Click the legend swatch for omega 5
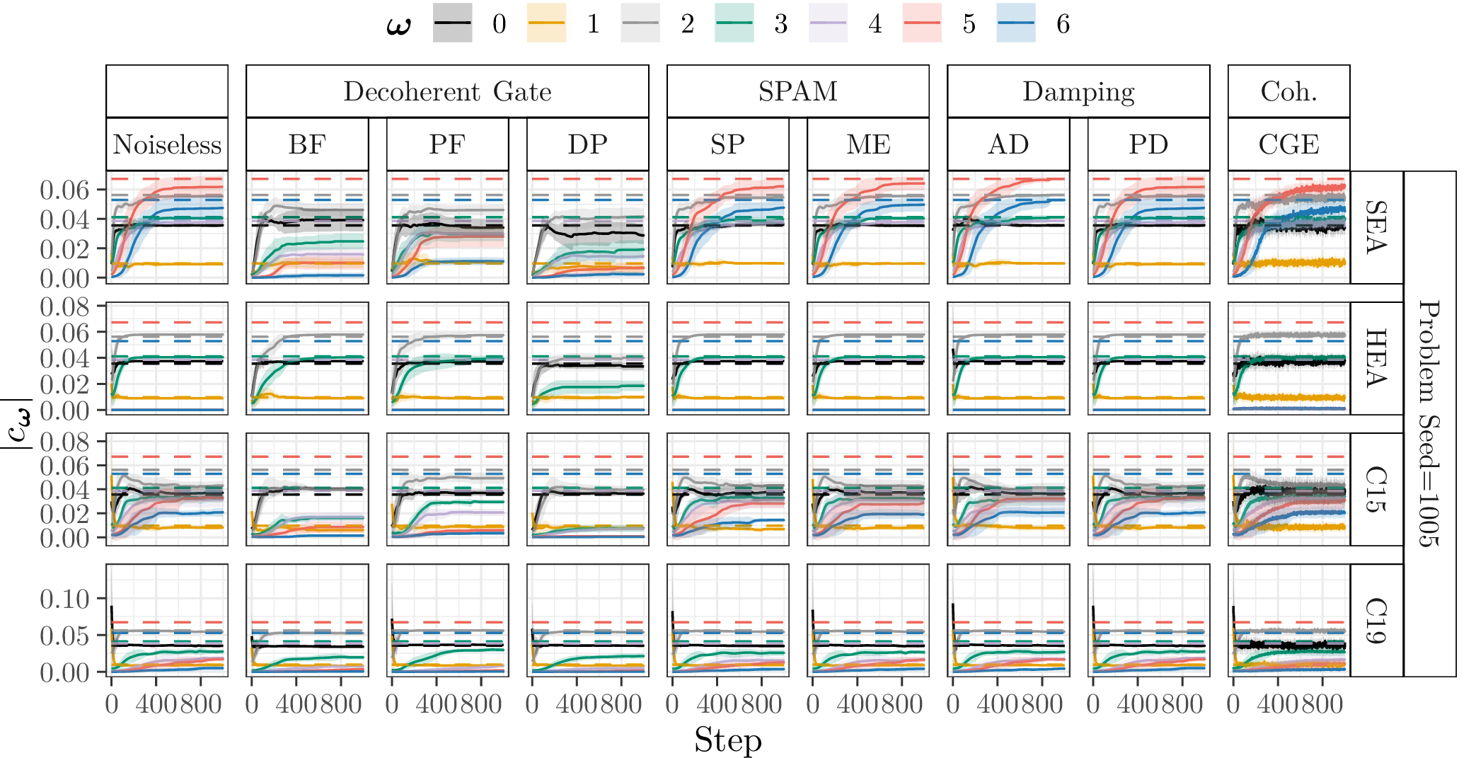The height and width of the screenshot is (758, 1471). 922,23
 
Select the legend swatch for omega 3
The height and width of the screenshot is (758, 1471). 734,23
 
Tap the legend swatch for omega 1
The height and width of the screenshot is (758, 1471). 546,23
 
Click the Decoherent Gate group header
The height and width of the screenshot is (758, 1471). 447,91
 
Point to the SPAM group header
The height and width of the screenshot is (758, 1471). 797,91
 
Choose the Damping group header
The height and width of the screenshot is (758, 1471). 1078,91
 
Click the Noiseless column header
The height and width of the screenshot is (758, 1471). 167,144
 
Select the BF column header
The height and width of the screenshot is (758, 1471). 307,144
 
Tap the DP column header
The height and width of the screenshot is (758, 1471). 587,144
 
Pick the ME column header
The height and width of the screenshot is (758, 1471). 868,144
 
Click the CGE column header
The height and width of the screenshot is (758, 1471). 1288,144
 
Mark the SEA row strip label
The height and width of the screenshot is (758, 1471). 1376,227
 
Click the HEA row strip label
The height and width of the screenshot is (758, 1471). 1376,358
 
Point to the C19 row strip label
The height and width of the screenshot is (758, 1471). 1376,620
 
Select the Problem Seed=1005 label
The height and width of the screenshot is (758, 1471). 1430,423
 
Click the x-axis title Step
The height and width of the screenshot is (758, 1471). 727,740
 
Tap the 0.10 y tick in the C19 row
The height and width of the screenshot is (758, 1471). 64,599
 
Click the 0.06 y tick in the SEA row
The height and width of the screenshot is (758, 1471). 64,190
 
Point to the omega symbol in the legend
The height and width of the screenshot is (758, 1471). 398,25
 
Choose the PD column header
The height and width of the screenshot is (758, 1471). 1148,144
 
